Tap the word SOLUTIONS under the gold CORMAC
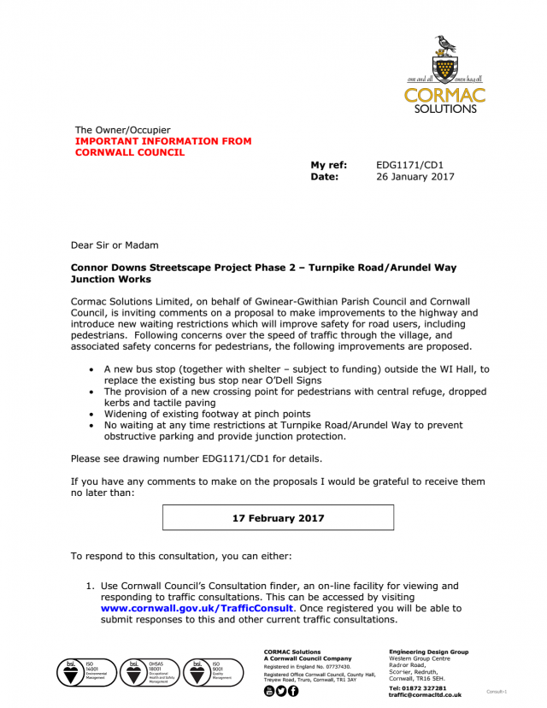[445, 109]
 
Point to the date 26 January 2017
[415, 177]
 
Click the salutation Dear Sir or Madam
[115, 245]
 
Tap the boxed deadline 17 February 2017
[279, 518]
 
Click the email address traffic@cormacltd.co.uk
[425, 695]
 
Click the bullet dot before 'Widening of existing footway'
[92, 414]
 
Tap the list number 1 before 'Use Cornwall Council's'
[88, 586]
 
